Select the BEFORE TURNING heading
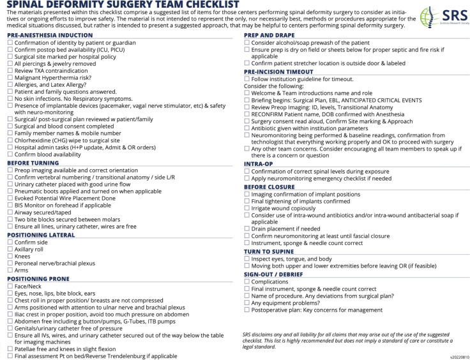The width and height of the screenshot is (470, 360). (x=32, y=162)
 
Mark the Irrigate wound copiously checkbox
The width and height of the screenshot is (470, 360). (x=247, y=208)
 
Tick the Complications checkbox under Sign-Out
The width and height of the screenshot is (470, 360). (x=247, y=281)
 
